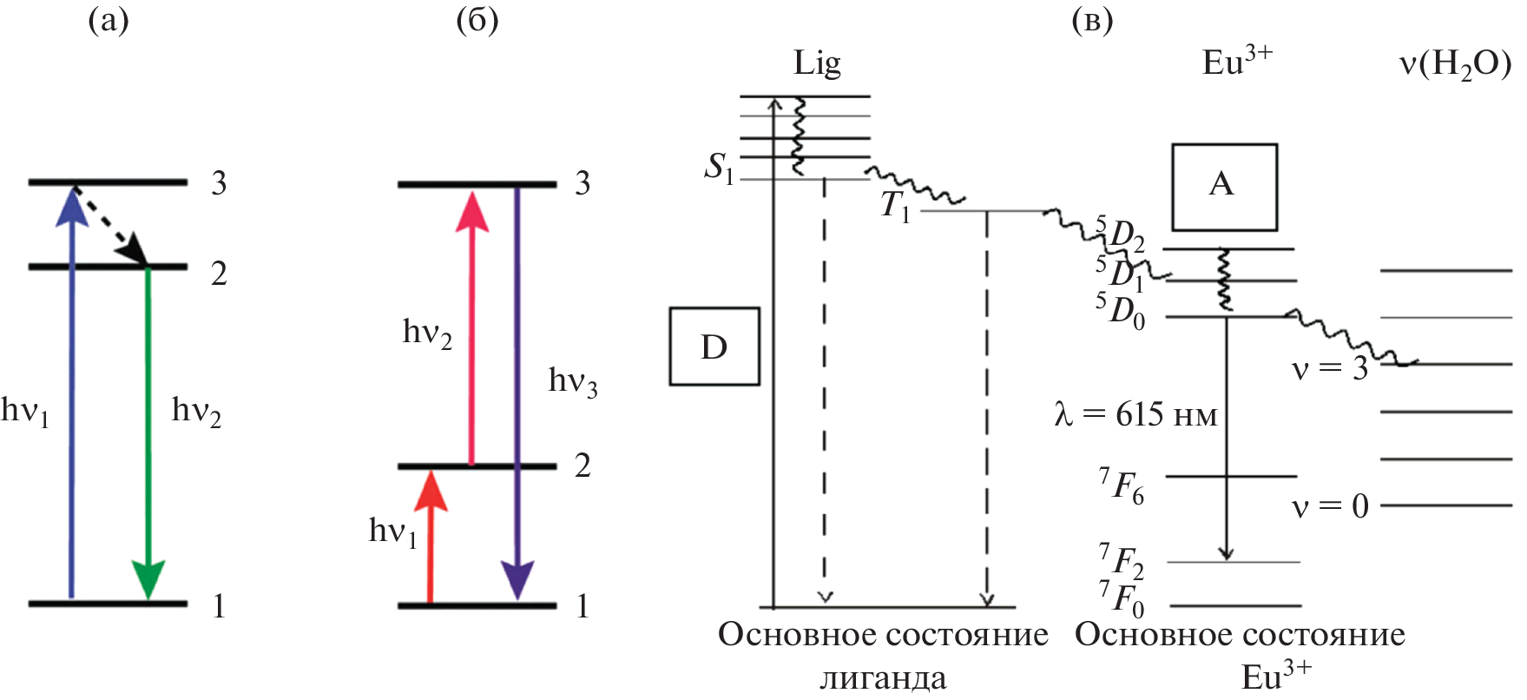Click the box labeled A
(x=1224, y=187)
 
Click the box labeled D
(x=714, y=346)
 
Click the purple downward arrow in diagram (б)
(x=517, y=391)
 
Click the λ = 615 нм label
(x=1135, y=414)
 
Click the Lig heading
(x=817, y=63)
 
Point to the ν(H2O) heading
(x=1455, y=63)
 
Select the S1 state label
(x=719, y=167)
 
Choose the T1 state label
(x=895, y=207)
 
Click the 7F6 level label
(x=1122, y=486)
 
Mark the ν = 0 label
(x=1329, y=505)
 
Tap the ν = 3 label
(x=1329, y=369)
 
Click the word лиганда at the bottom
(x=883, y=677)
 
